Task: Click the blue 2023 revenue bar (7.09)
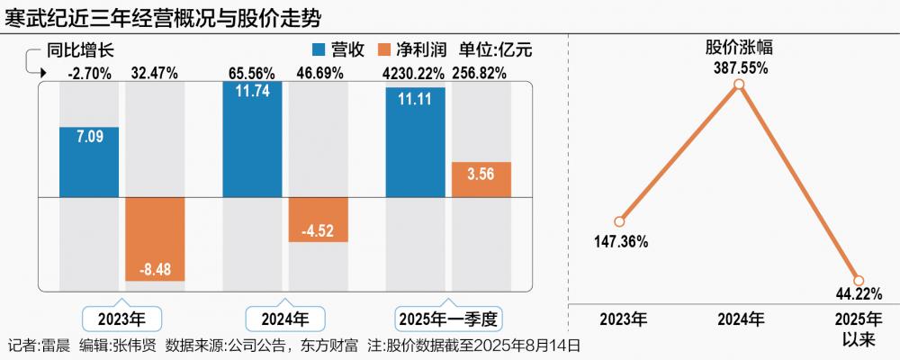pos(89,161)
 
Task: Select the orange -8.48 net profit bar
pos(155,238)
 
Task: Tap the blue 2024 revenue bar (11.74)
pos(252,139)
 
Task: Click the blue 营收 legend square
pos(318,50)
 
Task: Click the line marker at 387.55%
pos(739,85)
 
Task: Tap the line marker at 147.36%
pos(619,221)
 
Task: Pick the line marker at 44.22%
pos(858,281)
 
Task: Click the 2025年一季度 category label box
pos(448,319)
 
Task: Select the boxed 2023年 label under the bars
pos(121,319)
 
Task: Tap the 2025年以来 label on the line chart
pos(856,328)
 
